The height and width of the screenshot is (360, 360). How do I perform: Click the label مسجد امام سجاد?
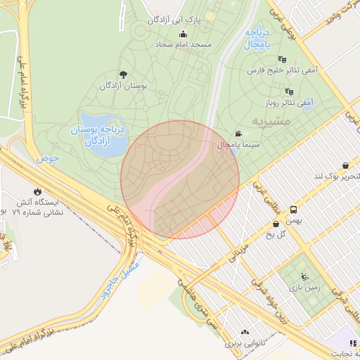184,44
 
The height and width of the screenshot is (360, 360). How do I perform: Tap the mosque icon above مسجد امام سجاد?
184,34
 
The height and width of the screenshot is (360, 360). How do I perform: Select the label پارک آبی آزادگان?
174,20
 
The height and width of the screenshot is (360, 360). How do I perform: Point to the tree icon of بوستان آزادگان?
124,75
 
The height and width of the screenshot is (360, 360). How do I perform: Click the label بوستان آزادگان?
124,86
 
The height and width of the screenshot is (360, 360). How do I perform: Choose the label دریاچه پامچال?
259,39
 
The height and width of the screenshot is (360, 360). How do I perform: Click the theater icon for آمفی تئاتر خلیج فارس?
283,60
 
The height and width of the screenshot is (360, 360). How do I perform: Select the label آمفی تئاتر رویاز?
288,102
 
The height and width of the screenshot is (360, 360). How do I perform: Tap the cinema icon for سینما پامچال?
239,134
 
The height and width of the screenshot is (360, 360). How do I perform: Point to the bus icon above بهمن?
293,209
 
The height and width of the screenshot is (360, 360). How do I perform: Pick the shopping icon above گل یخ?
275,224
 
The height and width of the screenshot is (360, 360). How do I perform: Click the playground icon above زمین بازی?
304,276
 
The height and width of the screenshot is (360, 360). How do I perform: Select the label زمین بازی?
304,288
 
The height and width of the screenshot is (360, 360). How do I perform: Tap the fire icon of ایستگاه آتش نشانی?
37,191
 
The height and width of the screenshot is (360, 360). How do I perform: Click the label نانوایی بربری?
245,345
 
